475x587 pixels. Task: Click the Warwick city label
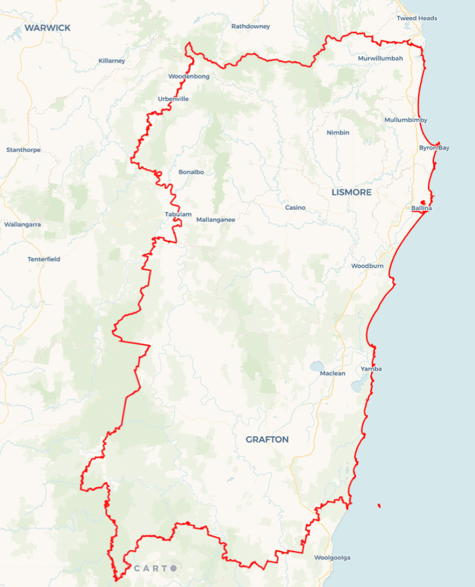click(47, 28)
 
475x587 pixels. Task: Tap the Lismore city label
click(351, 192)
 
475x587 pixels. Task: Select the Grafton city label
click(267, 440)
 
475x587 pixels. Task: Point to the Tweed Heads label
click(417, 18)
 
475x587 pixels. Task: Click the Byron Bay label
click(434, 148)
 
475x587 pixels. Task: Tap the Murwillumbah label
click(381, 59)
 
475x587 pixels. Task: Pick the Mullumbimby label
click(406, 120)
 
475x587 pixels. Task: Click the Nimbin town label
click(338, 133)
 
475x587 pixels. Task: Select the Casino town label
click(295, 208)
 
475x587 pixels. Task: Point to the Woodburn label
click(367, 266)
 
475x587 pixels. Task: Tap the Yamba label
click(371, 369)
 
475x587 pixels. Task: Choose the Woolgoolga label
click(332, 558)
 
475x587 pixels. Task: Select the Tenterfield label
click(44, 259)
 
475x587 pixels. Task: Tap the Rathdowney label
click(250, 26)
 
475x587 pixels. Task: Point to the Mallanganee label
click(215, 220)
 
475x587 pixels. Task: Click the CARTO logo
click(155, 568)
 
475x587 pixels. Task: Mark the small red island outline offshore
click(380, 506)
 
